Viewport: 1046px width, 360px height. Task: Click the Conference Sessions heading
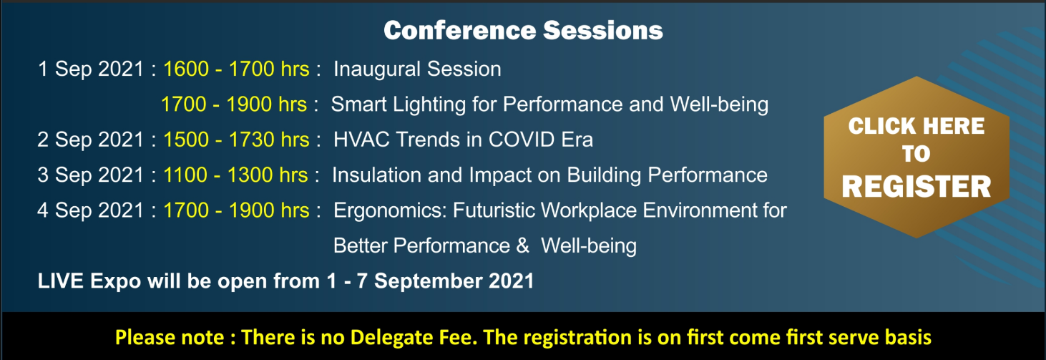point(523,30)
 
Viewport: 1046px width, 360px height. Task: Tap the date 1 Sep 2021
point(91,69)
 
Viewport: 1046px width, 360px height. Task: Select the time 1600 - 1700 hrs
point(236,69)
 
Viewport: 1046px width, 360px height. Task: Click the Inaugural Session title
point(417,69)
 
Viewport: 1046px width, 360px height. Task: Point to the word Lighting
point(429,104)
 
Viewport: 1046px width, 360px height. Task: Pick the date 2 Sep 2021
point(91,140)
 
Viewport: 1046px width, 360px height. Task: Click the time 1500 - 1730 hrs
point(236,140)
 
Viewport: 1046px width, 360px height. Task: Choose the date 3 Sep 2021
point(91,175)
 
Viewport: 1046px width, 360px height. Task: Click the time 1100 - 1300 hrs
point(235,175)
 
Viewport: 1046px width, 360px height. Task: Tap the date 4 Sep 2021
point(91,210)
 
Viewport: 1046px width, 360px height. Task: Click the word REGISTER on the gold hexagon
point(917,187)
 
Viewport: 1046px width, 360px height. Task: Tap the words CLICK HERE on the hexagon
point(917,126)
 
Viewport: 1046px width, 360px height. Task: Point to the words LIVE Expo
point(89,281)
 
